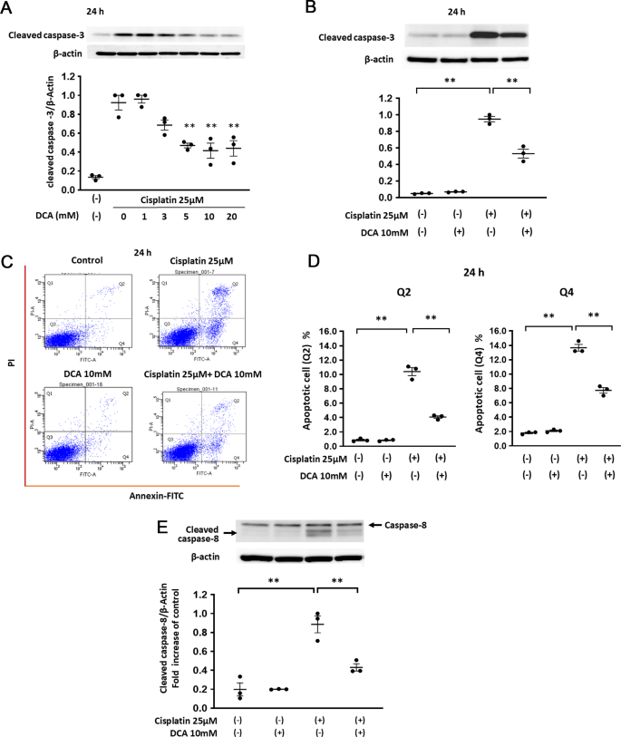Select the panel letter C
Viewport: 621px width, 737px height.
tap(8, 265)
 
